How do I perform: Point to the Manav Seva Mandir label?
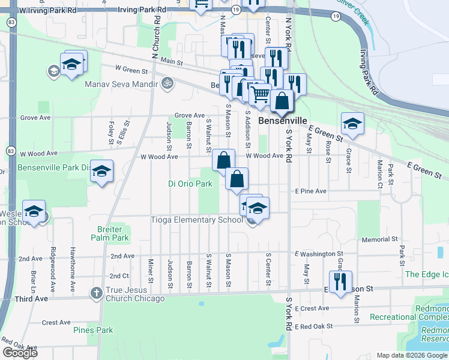(x=121, y=85)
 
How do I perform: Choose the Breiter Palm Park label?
(x=110, y=233)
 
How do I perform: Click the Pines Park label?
(x=93, y=330)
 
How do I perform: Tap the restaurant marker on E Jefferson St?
(x=340, y=281)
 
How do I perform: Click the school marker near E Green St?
(x=352, y=124)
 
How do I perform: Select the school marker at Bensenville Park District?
(x=101, y=172)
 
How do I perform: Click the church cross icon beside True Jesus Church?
(x=95, y=294)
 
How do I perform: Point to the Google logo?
(x=20, y=353)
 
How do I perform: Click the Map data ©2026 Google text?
(x=411, y=355)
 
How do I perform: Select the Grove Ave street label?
(x=190, y=115)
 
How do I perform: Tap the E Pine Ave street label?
(x=310, y=191)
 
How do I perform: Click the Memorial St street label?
(x=376, y=239)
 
